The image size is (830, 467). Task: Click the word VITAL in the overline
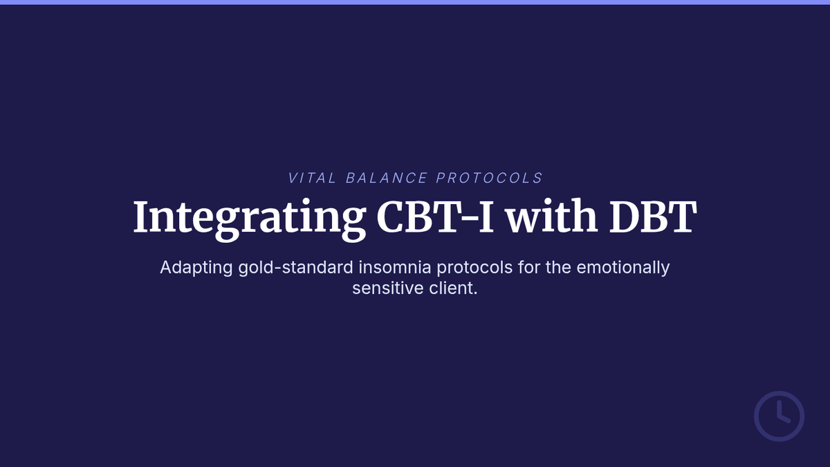tap(313, 178)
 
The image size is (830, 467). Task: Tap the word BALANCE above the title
tap(387, 178)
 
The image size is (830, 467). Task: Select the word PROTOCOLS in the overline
tap(489, 178)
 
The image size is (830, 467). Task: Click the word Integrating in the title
tap(250, 219)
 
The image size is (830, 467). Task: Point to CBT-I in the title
tap(435, 217)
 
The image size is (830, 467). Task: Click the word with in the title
tap(552, 217)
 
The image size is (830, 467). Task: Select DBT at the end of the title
tap(653, 217)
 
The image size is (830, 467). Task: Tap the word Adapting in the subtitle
tap(196, 268)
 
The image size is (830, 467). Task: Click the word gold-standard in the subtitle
tap(296, 267)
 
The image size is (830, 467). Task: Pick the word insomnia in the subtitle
tap(395, 267)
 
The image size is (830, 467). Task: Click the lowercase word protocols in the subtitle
tap(474, 268)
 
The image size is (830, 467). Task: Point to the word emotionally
tap(623, 268)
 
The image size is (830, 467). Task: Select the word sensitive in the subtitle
tap(388, 288)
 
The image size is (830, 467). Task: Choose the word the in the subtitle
tap(558, 267)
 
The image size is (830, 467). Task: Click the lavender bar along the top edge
tap(415, 2)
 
